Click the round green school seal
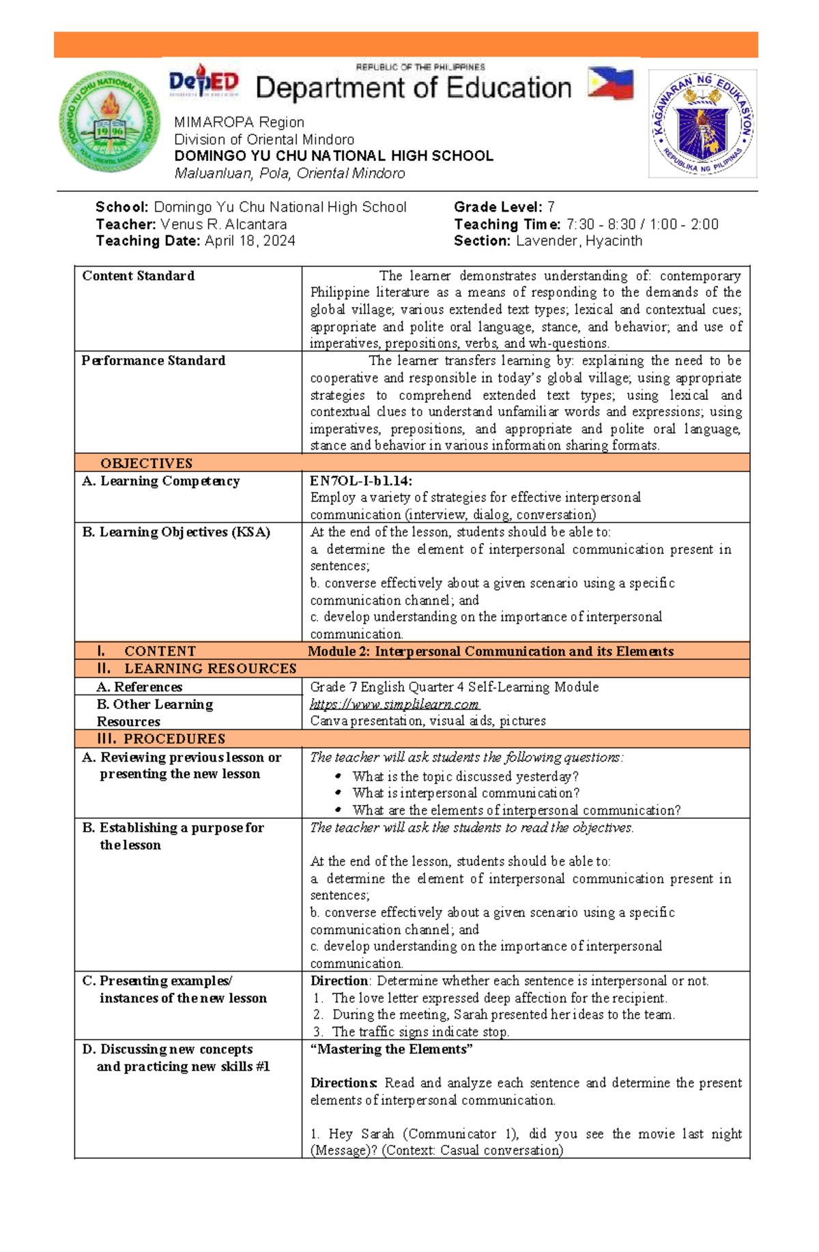109,121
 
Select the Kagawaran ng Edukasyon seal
702,123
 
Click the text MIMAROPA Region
239,122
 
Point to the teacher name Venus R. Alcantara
223,224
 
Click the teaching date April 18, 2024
250,241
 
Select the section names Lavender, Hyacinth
578,241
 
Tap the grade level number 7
551,207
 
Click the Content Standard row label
138,276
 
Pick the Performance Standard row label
153,360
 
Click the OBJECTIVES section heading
146,463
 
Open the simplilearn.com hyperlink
394,704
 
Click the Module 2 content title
490,651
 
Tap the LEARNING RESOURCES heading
210,669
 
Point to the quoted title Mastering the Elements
391,1049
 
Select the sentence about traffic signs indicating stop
420,1032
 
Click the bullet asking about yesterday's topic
465,776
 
